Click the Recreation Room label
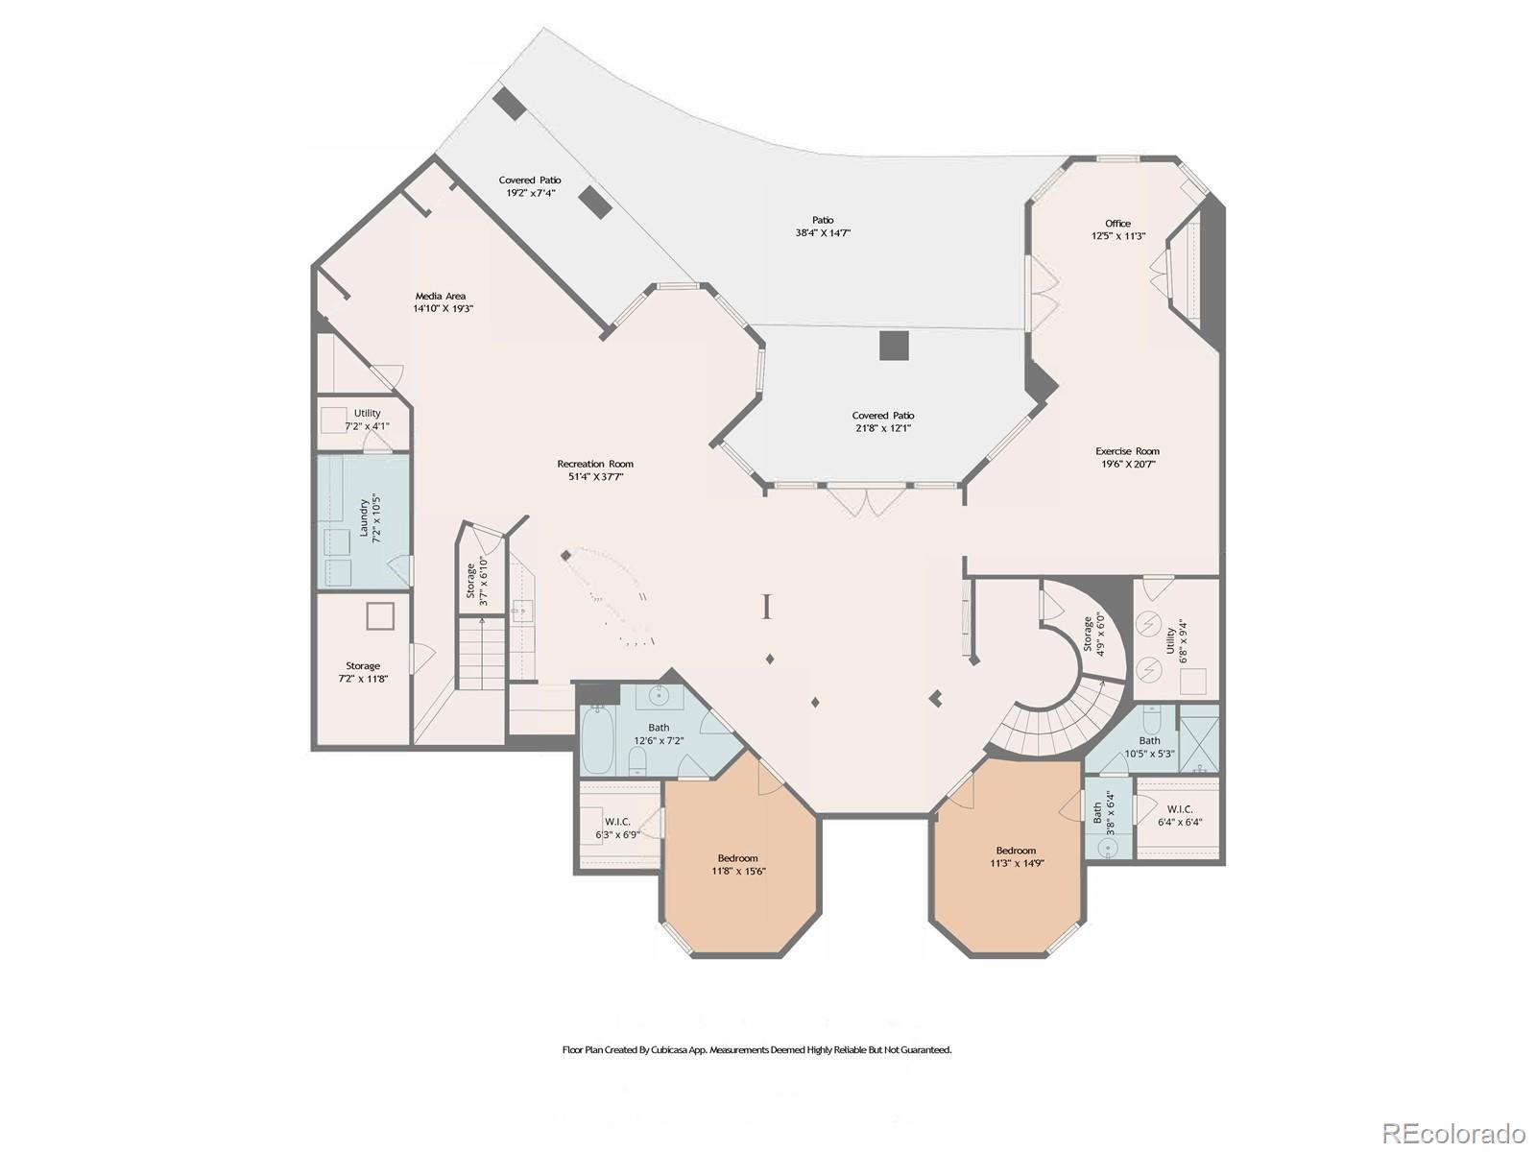[595, 464]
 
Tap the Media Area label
[441, 296]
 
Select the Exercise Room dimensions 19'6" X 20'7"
[1127, 464]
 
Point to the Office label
[1117, 223]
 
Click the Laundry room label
[365, 518]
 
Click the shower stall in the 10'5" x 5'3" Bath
[1198, 739]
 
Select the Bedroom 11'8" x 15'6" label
[737, 858]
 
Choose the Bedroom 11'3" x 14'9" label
[1016, 851]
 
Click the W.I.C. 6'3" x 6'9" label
[617, 822]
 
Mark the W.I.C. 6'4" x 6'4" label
[1179, 809]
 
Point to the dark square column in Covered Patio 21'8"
[894, 346]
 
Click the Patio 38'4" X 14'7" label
[823, 220]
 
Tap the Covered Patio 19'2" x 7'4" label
[530, 180]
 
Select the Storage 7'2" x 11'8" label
[363, 665]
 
